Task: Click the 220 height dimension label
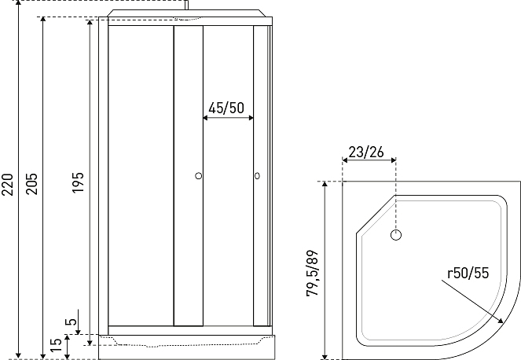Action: (9, 187)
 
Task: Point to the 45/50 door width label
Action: (226, 108)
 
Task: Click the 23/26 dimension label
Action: (366, 152)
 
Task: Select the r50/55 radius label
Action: (468, 274)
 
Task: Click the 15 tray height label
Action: (55, 344)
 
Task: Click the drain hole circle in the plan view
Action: (396, 234)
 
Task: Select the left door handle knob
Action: (199, 176)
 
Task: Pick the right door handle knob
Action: (256, 176)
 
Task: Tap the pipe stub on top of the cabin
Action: (186, 6)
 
